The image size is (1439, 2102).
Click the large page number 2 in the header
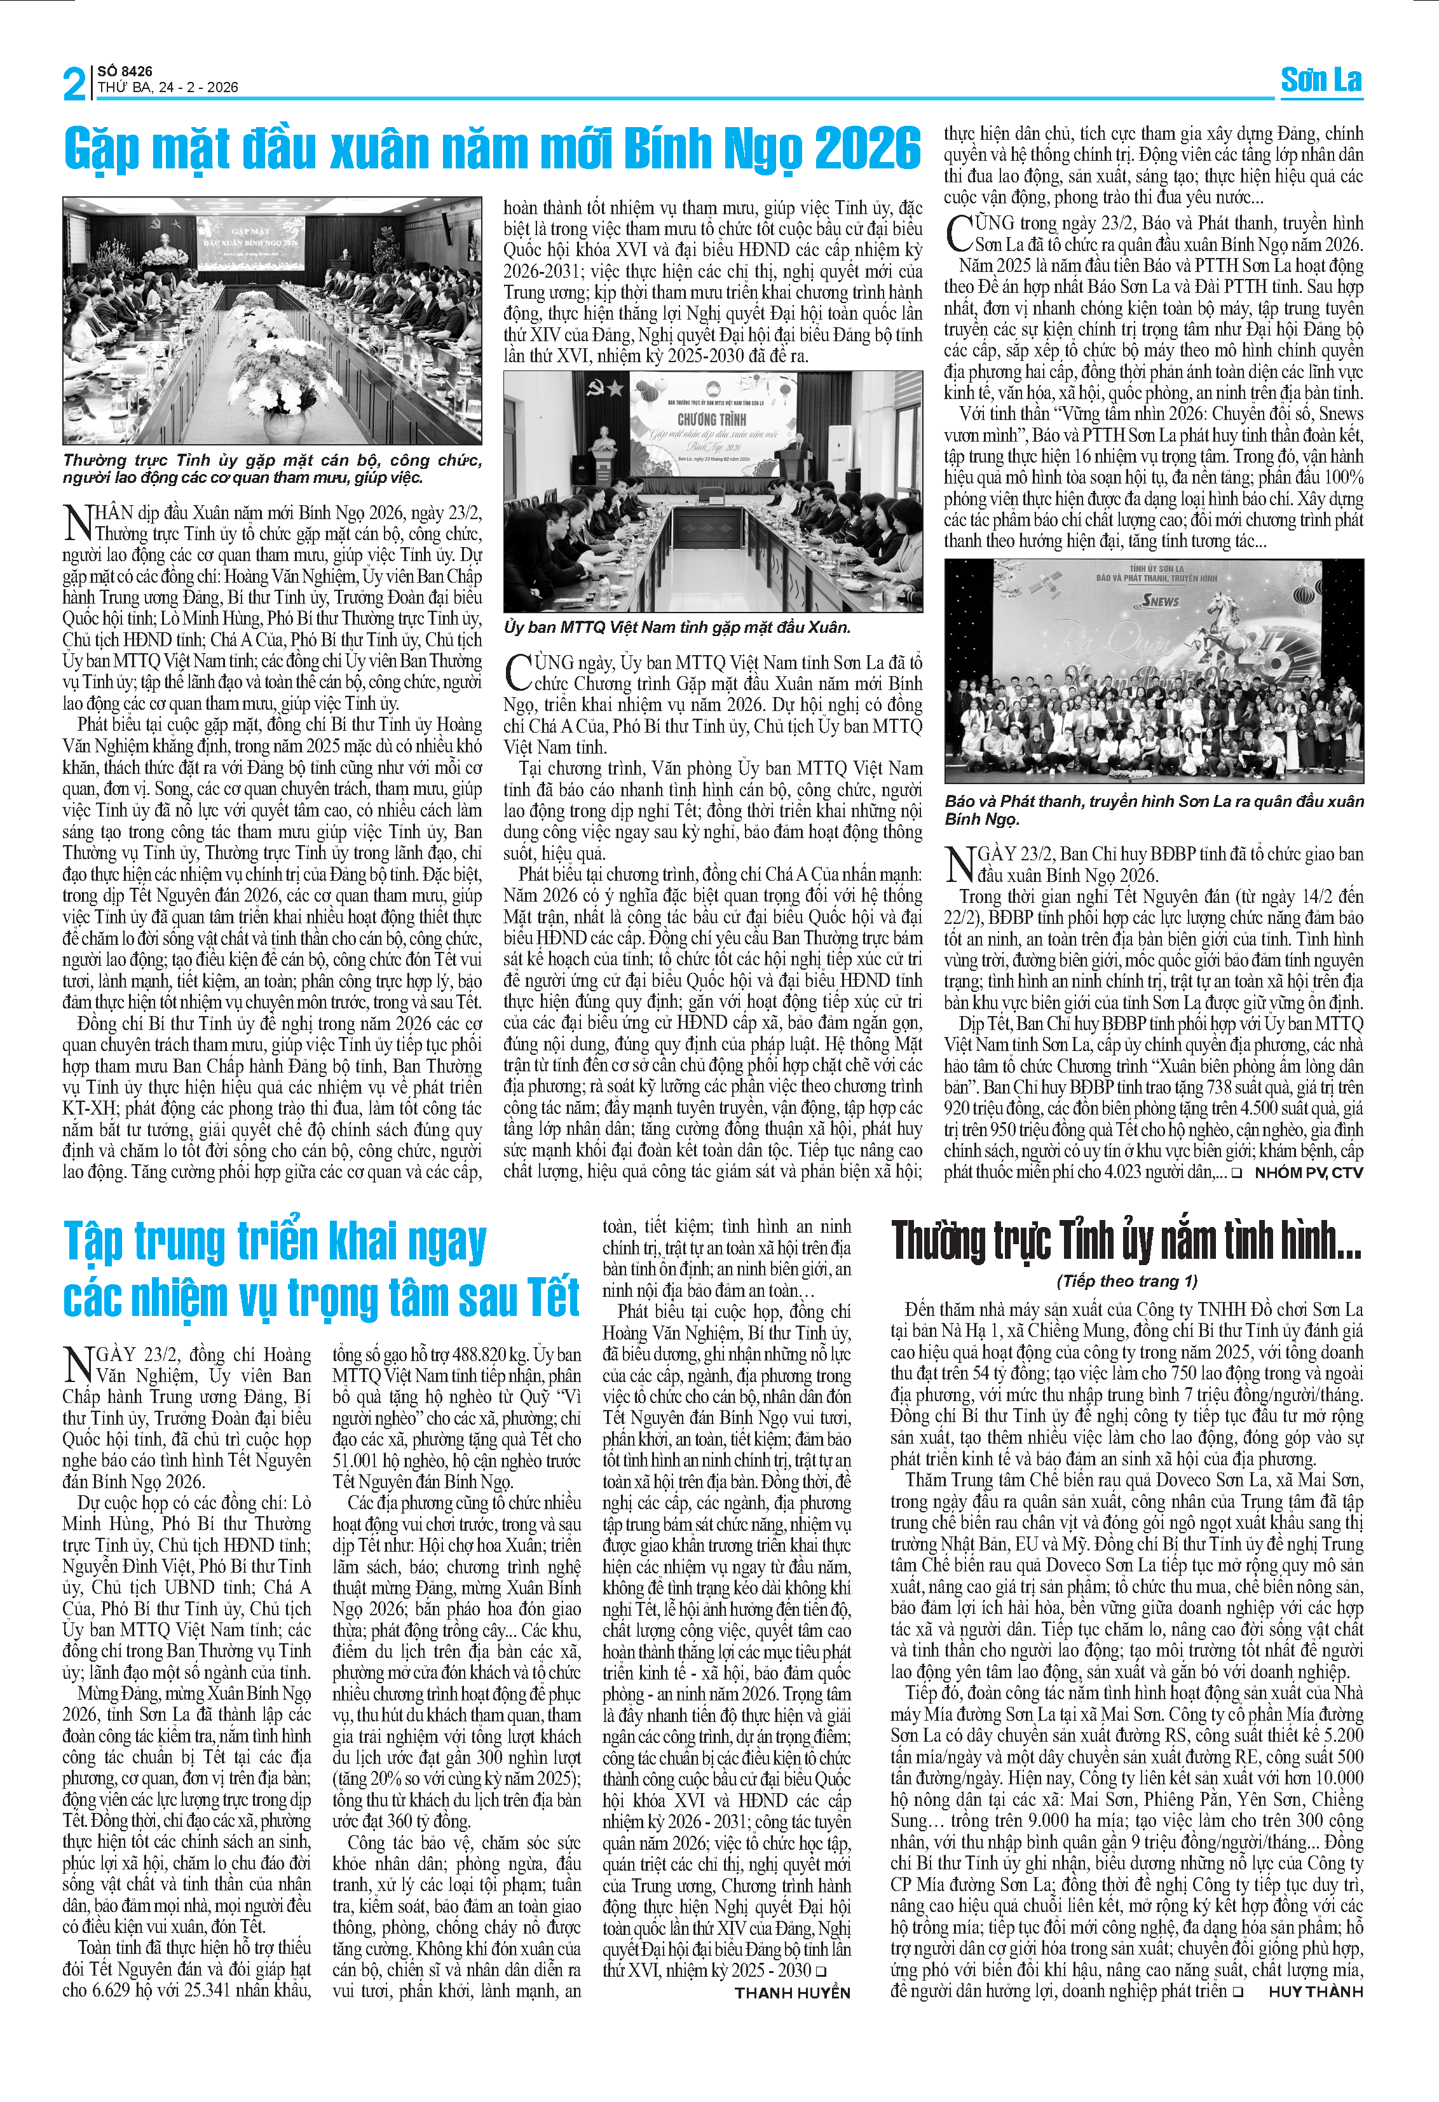[74, 83]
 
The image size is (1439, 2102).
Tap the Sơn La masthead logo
[1321, 81]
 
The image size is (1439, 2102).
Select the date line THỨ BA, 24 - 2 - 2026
[168, 88]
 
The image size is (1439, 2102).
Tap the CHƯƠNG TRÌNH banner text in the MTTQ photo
[711, 419]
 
